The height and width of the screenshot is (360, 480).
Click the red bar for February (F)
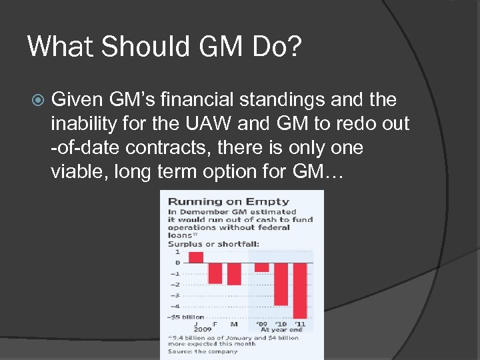(x=215, y=273)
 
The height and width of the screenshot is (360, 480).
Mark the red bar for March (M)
(x=234, y=273)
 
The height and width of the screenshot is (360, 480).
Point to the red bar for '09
(x=262, y=267)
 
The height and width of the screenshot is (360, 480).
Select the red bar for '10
(x=281, y=284)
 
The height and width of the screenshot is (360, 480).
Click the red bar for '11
(x=300, y=291)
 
